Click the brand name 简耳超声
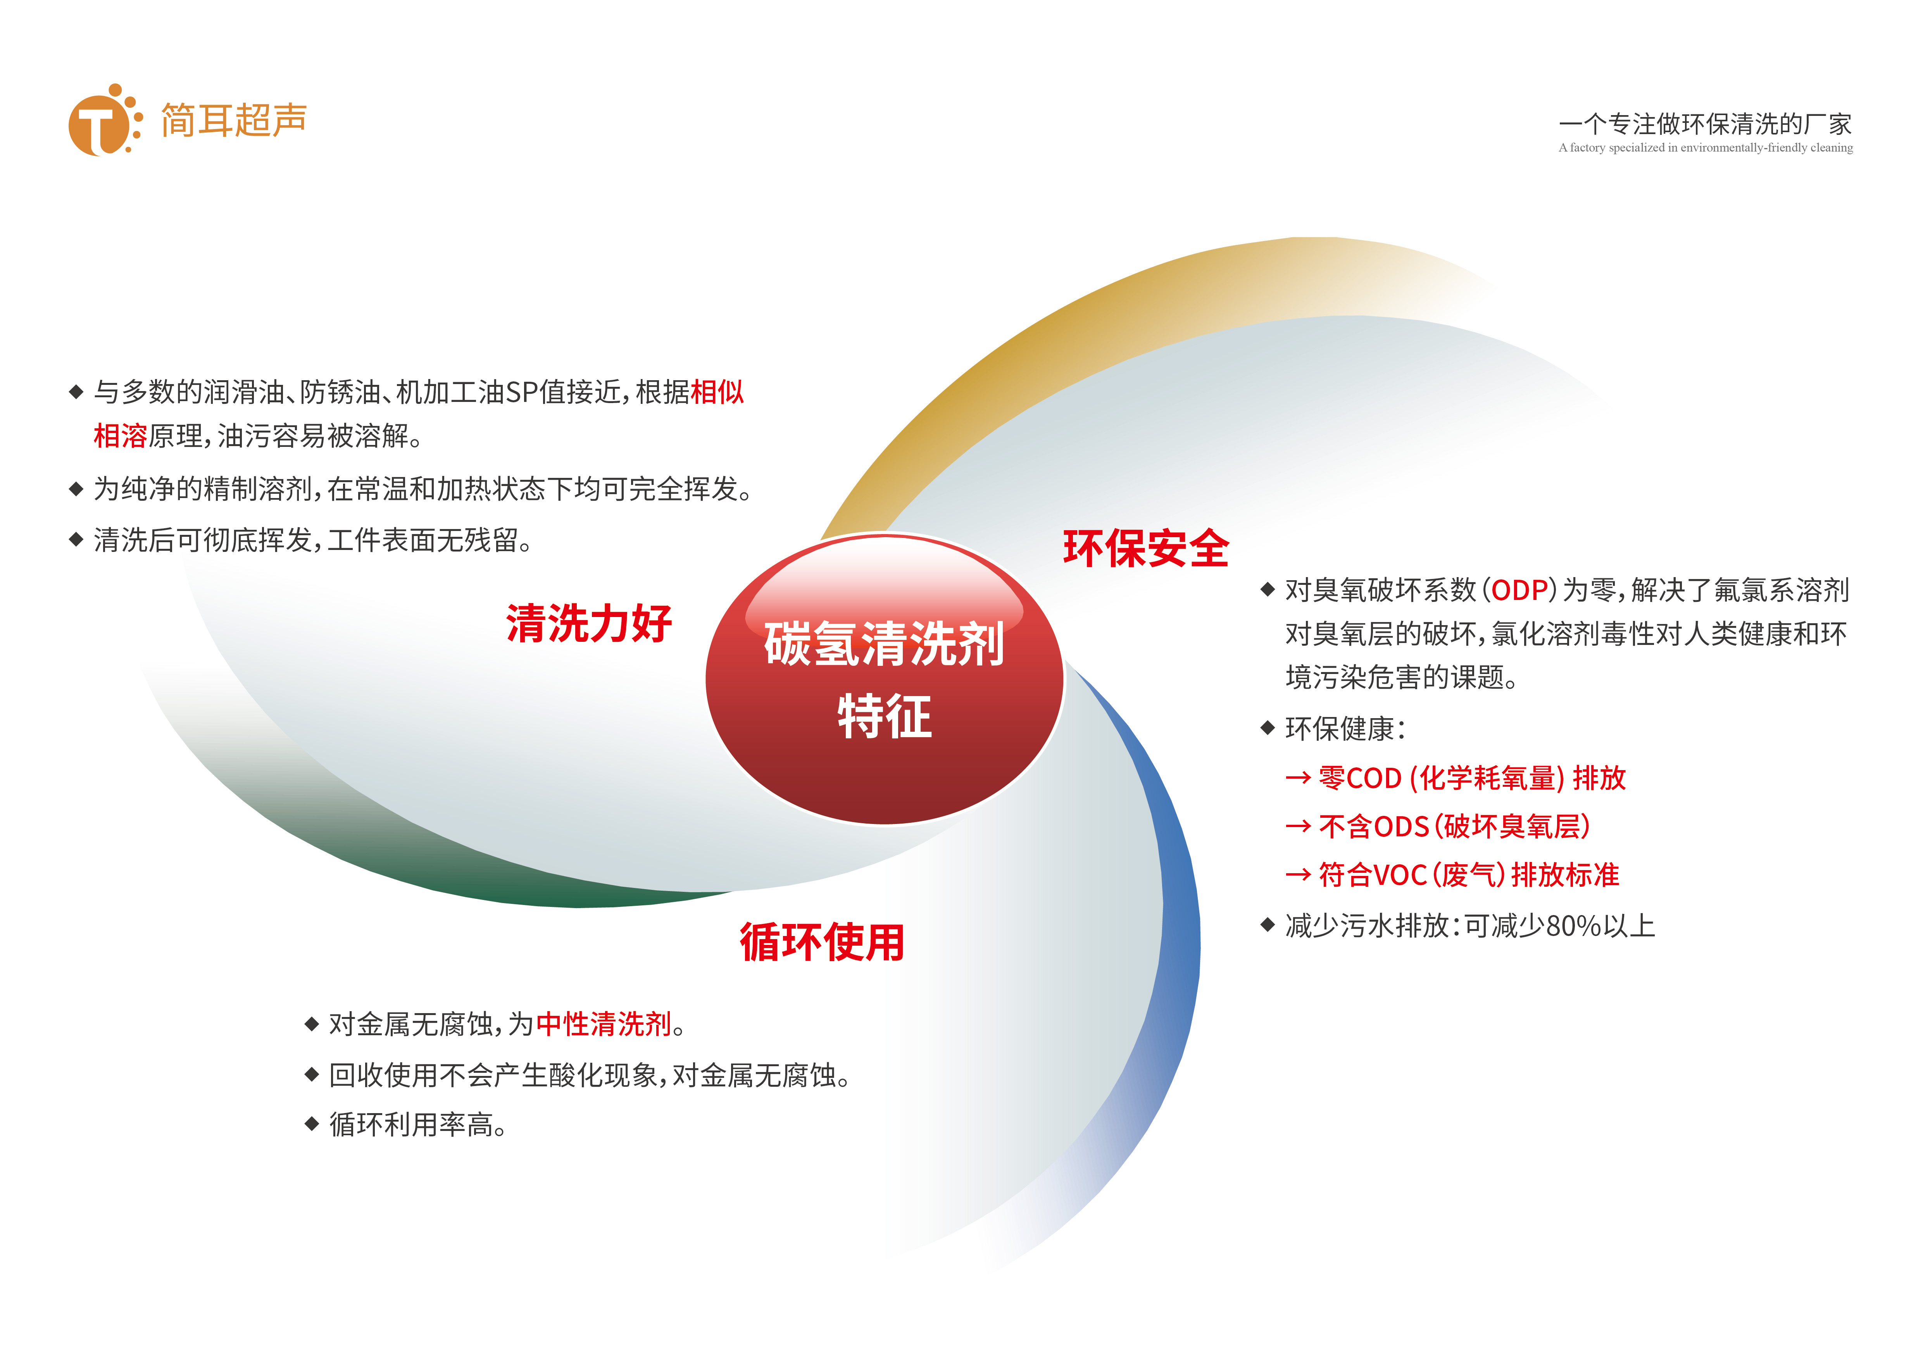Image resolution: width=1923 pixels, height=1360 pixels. pos(234,120)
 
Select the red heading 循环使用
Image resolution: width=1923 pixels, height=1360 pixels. pos(822,942)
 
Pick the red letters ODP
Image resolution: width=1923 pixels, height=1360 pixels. pos(1519,590)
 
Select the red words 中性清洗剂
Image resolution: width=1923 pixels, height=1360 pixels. pos(603,1023)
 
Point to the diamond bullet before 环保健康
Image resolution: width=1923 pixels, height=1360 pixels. pos(1267,728)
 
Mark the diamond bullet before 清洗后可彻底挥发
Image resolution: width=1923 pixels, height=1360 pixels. pos(76,540)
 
